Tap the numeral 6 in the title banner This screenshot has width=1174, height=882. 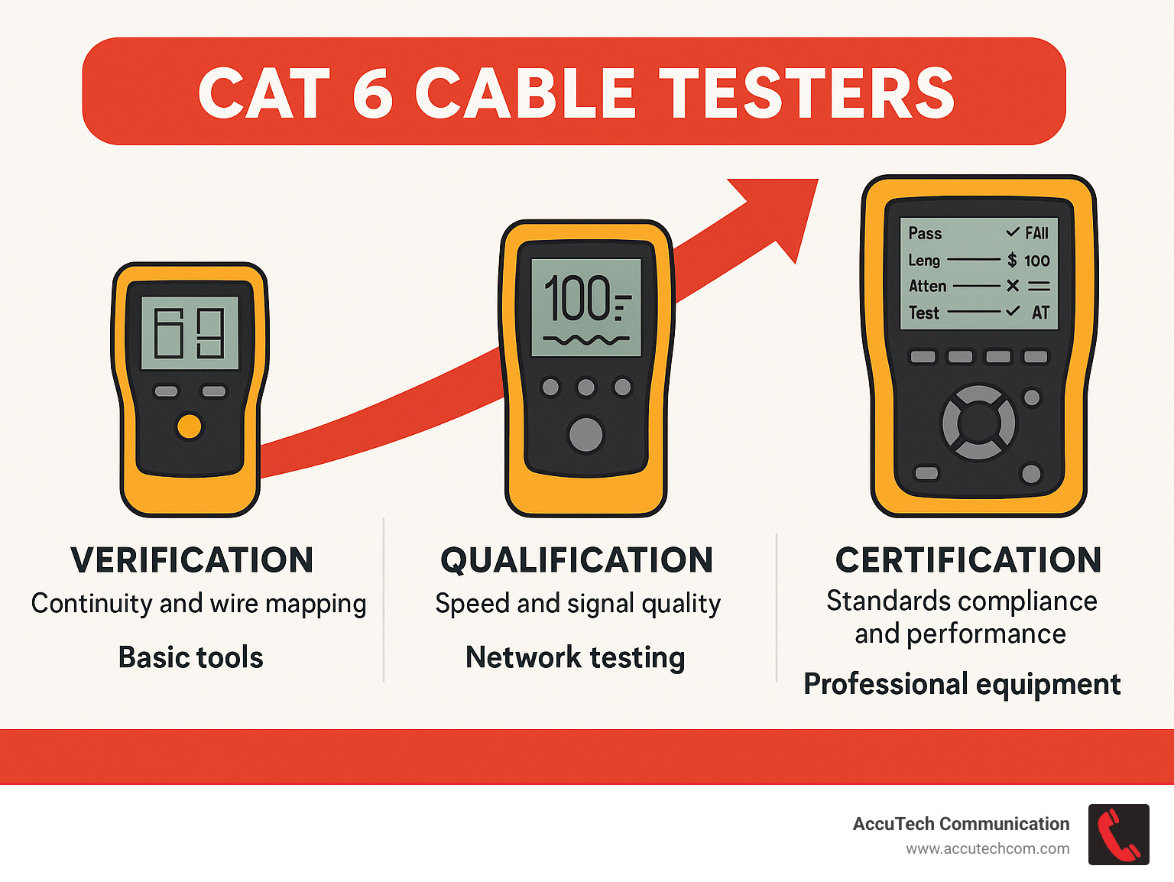click(372, 93)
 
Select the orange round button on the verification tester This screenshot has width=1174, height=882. click(189, 426)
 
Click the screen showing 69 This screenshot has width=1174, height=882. click(190, 333)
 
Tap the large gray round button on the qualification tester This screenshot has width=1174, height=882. click(585, 434)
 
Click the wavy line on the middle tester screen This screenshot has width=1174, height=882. click(585, 339)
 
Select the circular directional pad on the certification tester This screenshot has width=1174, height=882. click(978, 423)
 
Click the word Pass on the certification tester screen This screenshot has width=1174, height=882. click(925, 233)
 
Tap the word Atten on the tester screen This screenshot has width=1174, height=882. click(927, 286)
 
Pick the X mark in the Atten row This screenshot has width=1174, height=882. click(1013, 286)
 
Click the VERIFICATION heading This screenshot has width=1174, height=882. click(192, 560)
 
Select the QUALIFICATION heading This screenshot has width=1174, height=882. click(577, 560)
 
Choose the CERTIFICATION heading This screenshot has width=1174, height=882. click(968, 560)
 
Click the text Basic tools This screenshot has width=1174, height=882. click(191, 657)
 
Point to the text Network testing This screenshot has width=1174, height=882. click(575, 657)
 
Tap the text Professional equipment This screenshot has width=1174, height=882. click(962, 684)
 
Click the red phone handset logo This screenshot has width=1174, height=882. click(1118, 835)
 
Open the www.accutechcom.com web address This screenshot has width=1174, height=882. click(988, 849)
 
